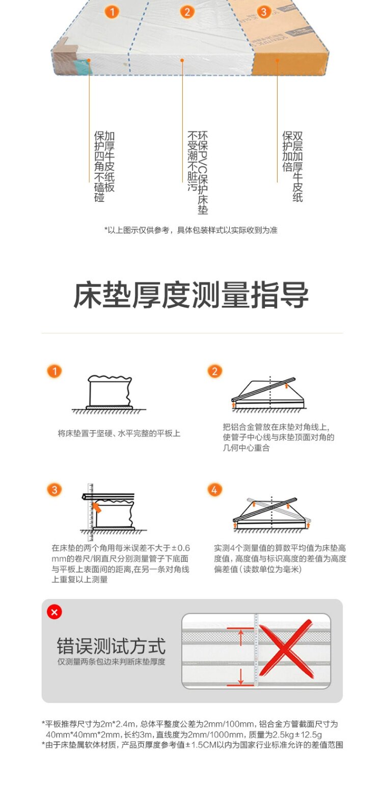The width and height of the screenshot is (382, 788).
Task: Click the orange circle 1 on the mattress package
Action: [x=112, y=12]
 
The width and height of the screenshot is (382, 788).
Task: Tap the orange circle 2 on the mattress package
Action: [x=187, y=12]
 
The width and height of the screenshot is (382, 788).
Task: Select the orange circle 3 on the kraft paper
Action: [x=263, y=12]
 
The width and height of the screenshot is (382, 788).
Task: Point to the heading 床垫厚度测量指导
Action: [x=191, y=295]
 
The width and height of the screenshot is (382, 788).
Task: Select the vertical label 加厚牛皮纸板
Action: [x=110, y=162]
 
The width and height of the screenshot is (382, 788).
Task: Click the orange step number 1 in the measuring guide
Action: [x=54, y=371]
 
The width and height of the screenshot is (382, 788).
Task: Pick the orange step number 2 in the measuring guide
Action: [x=215, y=371]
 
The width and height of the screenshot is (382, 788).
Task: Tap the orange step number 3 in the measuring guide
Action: [x=54, y=490]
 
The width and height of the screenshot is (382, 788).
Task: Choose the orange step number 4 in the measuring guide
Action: [x=215, y=490]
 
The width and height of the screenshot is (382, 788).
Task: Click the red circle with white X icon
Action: [x=54, y=612]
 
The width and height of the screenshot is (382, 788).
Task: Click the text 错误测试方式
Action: [x=111, y=645]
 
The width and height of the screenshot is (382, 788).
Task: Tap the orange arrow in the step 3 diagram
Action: [x=96, y=507]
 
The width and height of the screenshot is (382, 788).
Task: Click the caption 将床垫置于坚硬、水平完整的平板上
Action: [x=119, y=433]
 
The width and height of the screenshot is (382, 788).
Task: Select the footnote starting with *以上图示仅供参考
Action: [x=191, y=230]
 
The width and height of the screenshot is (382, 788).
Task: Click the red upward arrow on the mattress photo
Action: [x=241, y=637]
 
